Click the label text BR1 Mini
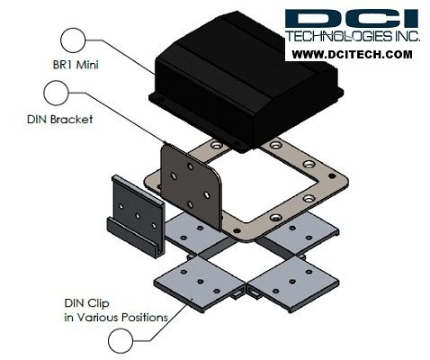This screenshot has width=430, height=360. [x=76, y=65]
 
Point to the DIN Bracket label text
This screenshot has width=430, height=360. [x=59, y=120]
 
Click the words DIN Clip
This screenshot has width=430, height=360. [x=87, y=303]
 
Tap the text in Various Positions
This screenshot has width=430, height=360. [x=116, y=317]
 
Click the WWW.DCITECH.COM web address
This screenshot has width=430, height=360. [x=352, y=55]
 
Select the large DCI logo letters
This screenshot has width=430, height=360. [x=352, y=19]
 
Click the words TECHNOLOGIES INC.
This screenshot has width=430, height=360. [x=353, y=36]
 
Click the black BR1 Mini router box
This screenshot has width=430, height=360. [x=246, y=81]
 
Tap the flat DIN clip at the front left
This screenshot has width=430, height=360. [x=200, y=283]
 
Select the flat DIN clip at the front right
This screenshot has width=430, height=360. [x=293, y=284]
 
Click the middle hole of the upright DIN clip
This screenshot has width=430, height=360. [x=138, y=215]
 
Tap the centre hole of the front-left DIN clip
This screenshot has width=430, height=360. [x=201, y=282]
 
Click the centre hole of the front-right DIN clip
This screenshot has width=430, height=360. [x=292, y=282]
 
